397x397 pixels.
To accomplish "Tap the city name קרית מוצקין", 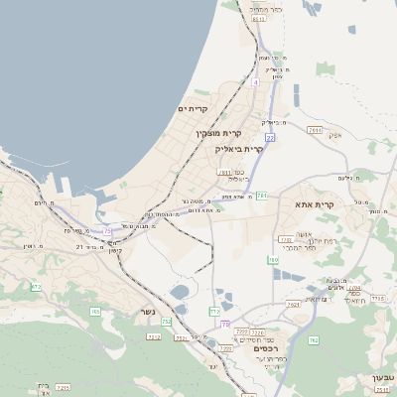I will coord(218,133).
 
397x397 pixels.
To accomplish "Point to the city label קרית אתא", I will coord(316,204).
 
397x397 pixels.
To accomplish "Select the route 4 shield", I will coord(255,82).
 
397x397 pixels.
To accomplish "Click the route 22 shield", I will coord(269,138).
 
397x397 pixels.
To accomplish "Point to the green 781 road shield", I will coord(261,197).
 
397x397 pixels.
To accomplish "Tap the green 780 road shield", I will coord(273,260).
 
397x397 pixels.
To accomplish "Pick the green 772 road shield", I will coord(214,312).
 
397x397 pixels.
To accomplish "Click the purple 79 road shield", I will coord(226,324).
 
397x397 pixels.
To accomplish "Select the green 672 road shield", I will coord(37,287).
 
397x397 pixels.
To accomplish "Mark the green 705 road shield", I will coord(95,312).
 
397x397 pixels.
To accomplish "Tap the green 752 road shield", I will coord(166,322).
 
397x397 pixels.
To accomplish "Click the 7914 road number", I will coord(316,130).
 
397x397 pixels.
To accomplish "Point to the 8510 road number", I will coord(259,19).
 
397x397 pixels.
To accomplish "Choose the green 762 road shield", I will coord(313,340).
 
